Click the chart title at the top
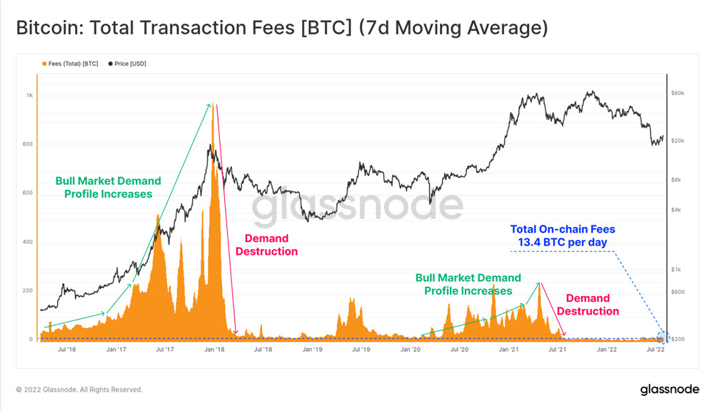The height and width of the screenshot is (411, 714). point(281,29)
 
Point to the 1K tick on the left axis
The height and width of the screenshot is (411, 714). point(30,96)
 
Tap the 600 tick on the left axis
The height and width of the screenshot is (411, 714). point(29,193)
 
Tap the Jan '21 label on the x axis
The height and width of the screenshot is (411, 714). point(509,350)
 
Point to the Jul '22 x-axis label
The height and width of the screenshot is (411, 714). point(656,350)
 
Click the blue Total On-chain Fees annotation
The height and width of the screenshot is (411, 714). point(563,236)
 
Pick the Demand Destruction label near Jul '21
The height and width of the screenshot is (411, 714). point(588,305)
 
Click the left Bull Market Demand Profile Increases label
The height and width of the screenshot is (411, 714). point(109,187)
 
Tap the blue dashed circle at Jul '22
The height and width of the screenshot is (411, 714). point(663,337)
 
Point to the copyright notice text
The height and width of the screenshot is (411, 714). point(79,390)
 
